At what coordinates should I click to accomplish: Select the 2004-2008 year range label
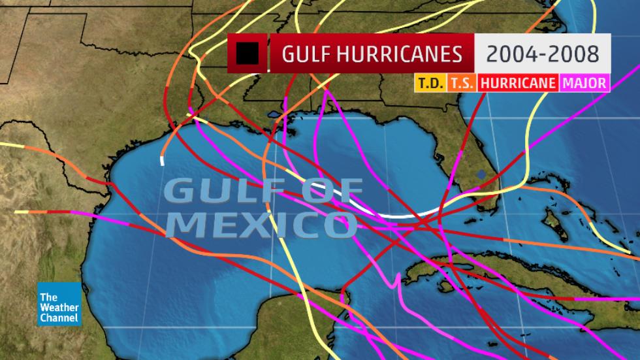pyautogui.click(x=543, y=53)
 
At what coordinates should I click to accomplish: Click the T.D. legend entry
pyautogui.click(x=428, y=83)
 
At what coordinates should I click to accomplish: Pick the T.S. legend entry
pyautogui.click(x=462, y=83)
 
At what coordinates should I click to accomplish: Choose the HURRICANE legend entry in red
pyautogui.click(x=517, y=83)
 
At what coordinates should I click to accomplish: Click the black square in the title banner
pyautogui.click(x=248, y=54)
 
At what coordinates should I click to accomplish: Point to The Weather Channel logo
pyautogui.click(x=59, y=304)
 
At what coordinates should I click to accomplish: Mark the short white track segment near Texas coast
pyautogui.click(x=163, y=161)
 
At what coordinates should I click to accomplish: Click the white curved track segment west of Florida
pyautogui.click(x=392, y=214)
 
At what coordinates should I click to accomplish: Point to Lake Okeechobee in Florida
pyautogui.click(x=481, y=174)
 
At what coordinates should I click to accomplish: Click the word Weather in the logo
pyautogui.click(x=59, y=308)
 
